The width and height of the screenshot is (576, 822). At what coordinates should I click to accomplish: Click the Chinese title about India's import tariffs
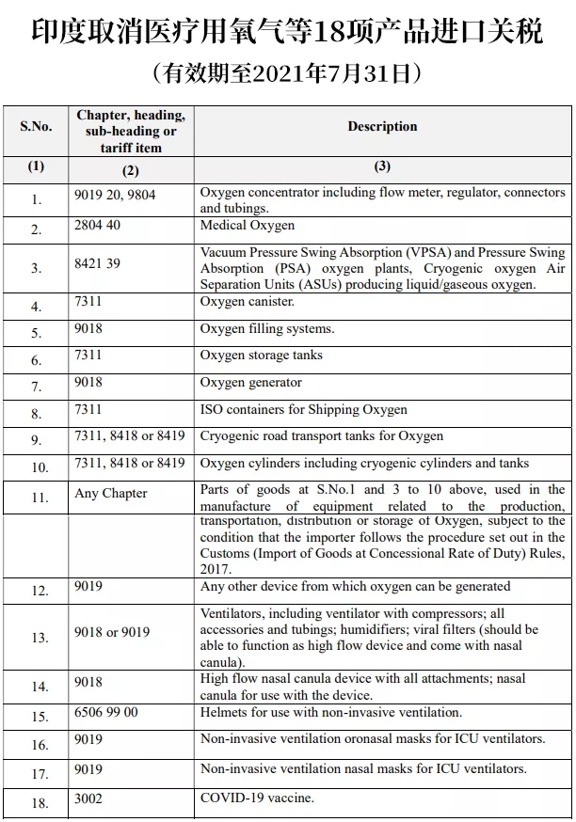[x=287, y=32]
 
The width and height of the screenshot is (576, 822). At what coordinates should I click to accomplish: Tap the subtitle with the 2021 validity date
[x=287, y=72]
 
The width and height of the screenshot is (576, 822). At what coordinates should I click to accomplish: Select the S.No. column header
[x=37, y=126]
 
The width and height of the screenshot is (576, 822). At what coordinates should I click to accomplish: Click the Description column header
[x=382, y=126]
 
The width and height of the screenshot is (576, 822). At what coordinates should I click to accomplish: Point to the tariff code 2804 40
[x=98, y=226]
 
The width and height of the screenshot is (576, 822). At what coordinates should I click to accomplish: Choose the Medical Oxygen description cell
[x=248, y=226]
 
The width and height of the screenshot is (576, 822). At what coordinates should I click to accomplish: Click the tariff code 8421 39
[x=98, y=263]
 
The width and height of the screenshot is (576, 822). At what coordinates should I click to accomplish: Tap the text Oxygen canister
[x=248, y=302]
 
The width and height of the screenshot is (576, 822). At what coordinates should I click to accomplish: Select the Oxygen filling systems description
[x=267, y=329]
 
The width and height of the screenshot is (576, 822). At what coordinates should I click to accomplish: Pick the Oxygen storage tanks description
[x=262, y=356]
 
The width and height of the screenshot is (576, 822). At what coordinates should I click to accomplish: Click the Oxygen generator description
[x=251, y=383]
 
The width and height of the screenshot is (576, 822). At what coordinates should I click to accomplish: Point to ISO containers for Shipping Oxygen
[x=304, y=410]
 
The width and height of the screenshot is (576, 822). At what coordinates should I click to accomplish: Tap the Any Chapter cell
[x=111, y=493]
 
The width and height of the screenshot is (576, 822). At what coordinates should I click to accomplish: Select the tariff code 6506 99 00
[x=106, y=713]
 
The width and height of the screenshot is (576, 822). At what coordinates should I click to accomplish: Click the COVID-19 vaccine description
[x=257, y=798]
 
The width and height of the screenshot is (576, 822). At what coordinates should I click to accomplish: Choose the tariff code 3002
[x=88, y=798]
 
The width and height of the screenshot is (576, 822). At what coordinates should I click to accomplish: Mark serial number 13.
[x=39, y=638]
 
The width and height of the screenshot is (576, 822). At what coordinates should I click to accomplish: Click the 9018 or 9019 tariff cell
[x=112, y=632]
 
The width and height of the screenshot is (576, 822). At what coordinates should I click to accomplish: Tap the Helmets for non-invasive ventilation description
[x=331, y=713]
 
